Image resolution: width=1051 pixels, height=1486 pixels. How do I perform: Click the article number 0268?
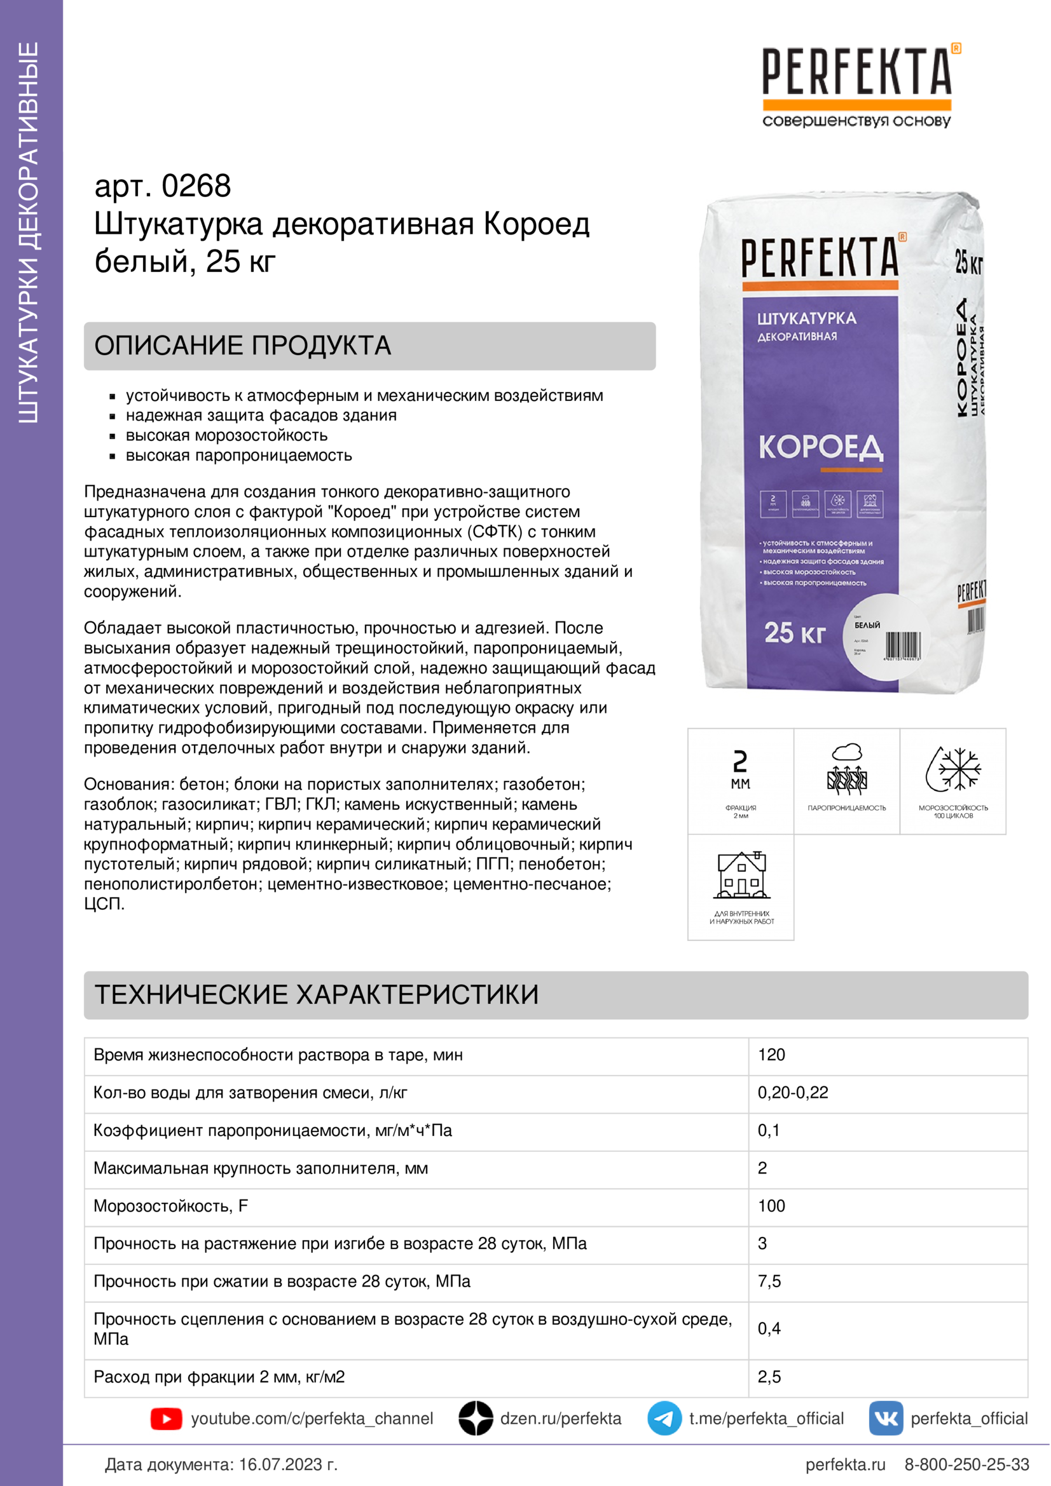[196, 186]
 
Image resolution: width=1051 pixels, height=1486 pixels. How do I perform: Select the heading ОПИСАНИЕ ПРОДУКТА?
[242, 346]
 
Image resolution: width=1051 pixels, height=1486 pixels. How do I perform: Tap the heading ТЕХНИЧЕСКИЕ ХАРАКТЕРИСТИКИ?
[316, 995]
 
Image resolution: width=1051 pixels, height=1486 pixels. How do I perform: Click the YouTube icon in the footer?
[167, 1419]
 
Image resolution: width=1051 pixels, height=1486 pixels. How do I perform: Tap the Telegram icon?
[664, 1419]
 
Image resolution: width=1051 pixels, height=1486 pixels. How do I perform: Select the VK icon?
[886, 1419]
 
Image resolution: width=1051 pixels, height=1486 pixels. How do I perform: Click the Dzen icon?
[476, 1419]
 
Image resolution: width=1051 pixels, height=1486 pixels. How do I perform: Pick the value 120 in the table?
[771, 1055]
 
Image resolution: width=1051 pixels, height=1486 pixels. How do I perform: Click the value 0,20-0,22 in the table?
[793, 1093]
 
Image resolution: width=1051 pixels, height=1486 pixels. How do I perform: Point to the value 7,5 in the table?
[769, 1281]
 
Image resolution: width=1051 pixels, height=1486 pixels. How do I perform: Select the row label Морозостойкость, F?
[171, 1206]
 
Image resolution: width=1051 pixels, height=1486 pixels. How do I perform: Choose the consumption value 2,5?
[769, 1377]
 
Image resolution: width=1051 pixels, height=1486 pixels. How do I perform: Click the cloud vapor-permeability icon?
[847, 769]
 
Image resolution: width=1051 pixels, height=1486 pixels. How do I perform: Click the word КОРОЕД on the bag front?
[820, 447]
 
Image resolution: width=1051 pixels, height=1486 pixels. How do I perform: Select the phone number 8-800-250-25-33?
[966, 1464]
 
